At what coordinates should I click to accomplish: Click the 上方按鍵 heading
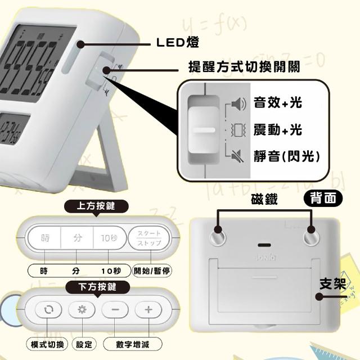pyautogui.click(x=96, y=206)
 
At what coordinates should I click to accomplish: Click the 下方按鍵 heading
pyautogui.click(x=97, y=287)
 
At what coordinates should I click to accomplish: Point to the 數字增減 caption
pyautogui.click(x=133, y=344)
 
